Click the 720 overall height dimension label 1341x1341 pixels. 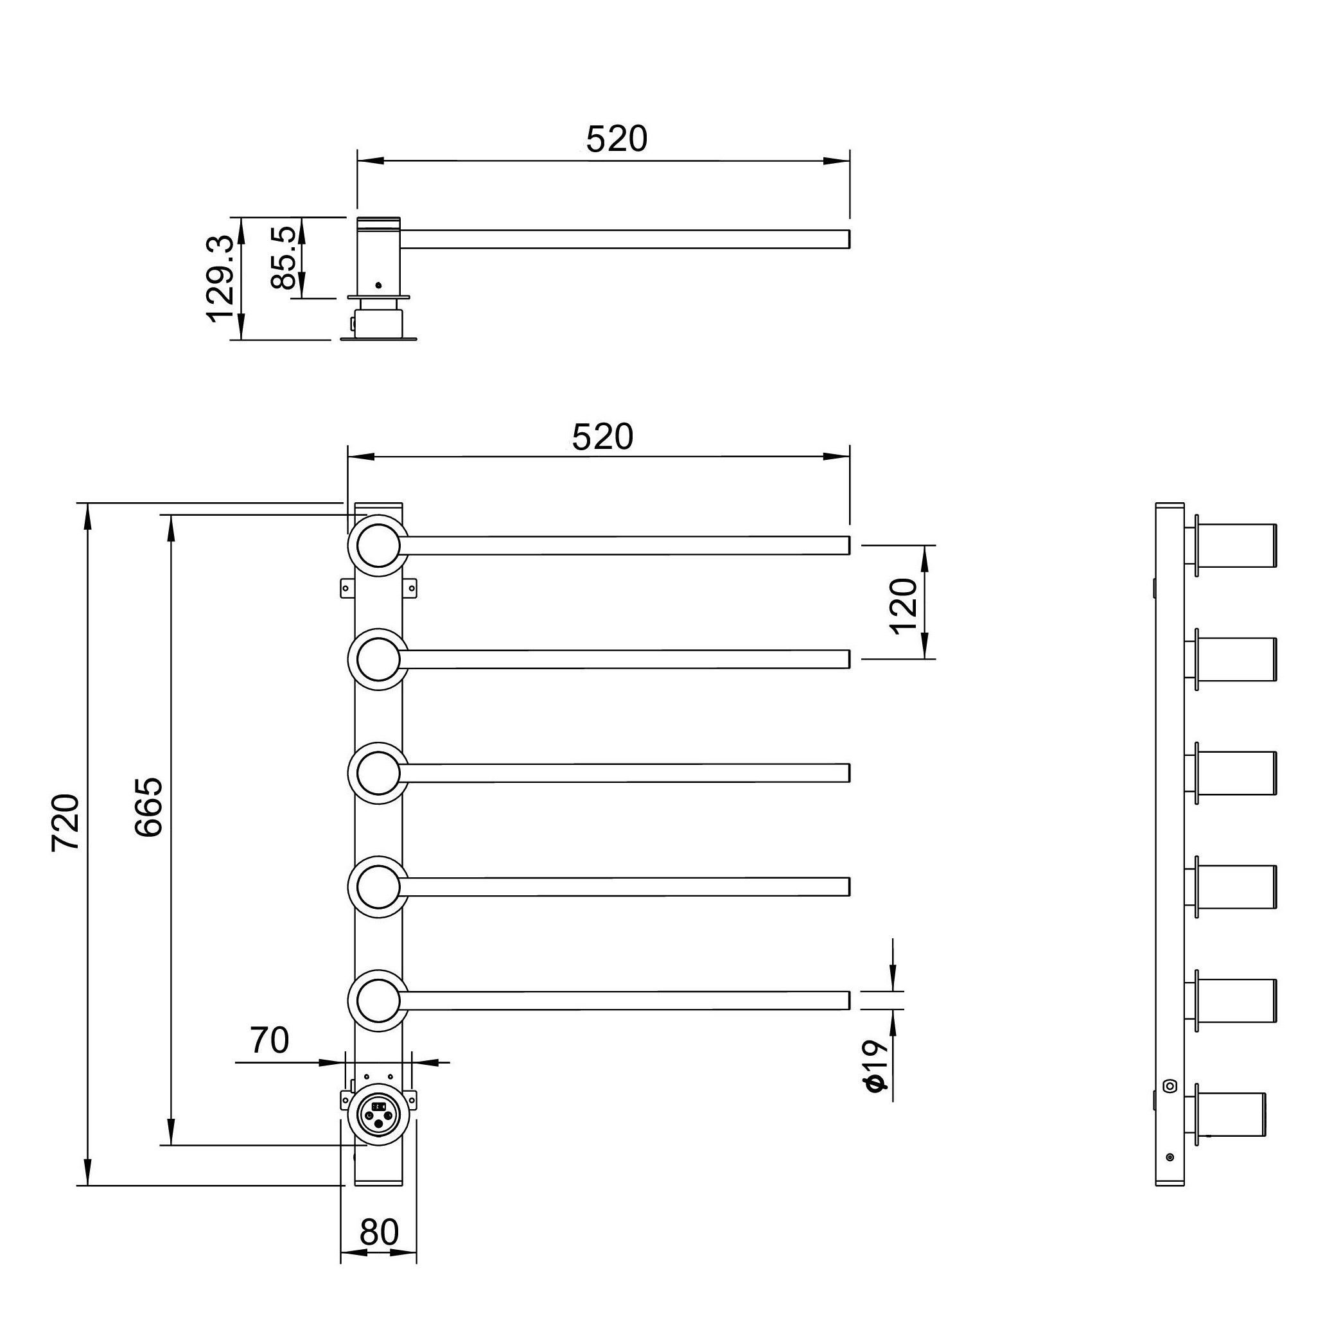[x=67, y=823]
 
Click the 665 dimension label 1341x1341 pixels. [x=148, y=807]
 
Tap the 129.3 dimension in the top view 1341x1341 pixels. [x=221, y=278]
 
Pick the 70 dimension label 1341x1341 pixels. [x=269, y=1040]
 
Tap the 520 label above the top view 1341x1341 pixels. [x=617, y=139]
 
